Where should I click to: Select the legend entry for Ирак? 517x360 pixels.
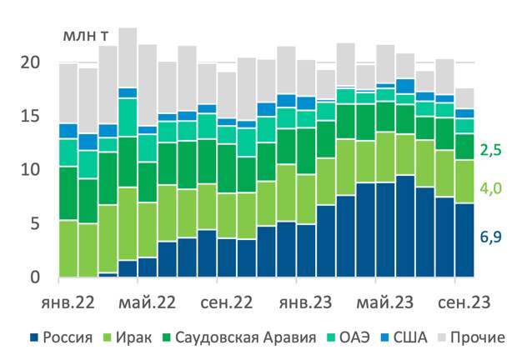pos(132,338)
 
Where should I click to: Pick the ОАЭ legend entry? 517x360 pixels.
pos(351,338)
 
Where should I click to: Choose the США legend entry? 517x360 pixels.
pos(409,338)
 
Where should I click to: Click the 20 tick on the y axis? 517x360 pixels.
pos(30,62)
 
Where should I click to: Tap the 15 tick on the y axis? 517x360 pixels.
pos(30,117)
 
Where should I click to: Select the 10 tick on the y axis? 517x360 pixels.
pos(30,170)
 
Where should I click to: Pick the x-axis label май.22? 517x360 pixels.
pos(148,300)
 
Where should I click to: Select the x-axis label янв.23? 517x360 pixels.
pos(305,300)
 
